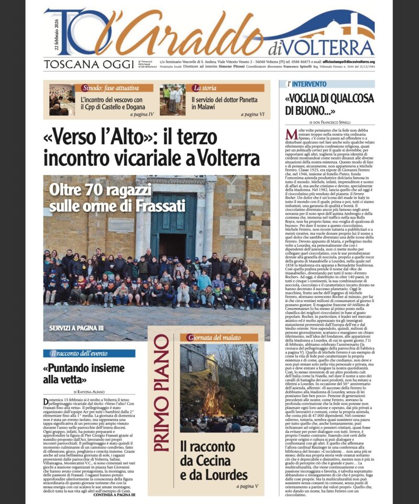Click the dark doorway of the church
pyautogui.click(x=172, y=246)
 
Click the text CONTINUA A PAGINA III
pyautogui.click(x=114, y=494)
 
